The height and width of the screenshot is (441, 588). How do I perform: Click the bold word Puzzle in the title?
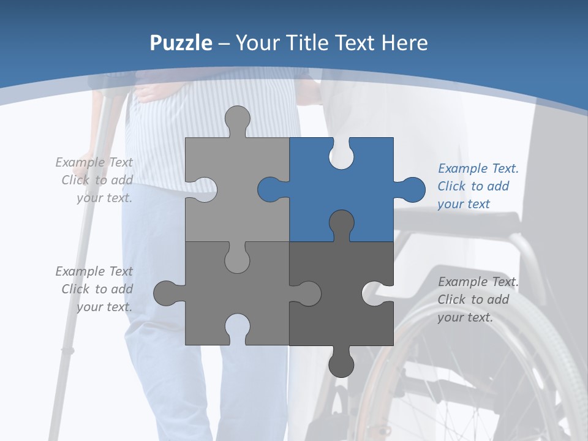pyautogui.click(x=181, y=43)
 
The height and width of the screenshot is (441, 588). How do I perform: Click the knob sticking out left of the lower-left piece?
pyautogui.click(x=166, y=293)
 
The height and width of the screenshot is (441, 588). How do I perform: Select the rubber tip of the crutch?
pyautogui.click(x=67, y=351)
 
